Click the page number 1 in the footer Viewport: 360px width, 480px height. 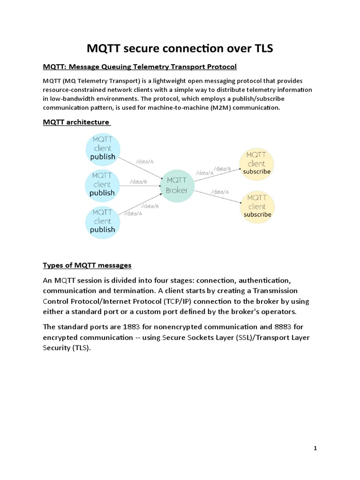click(315, 449)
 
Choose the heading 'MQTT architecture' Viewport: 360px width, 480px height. click(76, 122)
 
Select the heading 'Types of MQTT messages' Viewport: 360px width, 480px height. click(87, 265)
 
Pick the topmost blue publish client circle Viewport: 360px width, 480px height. click(102, 148)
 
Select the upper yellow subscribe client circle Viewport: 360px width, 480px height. click(256, 163)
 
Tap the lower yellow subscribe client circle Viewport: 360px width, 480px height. click(257, 206)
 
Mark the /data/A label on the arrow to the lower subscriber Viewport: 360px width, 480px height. click(220, 192)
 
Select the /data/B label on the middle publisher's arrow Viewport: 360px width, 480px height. click(139, 181)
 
